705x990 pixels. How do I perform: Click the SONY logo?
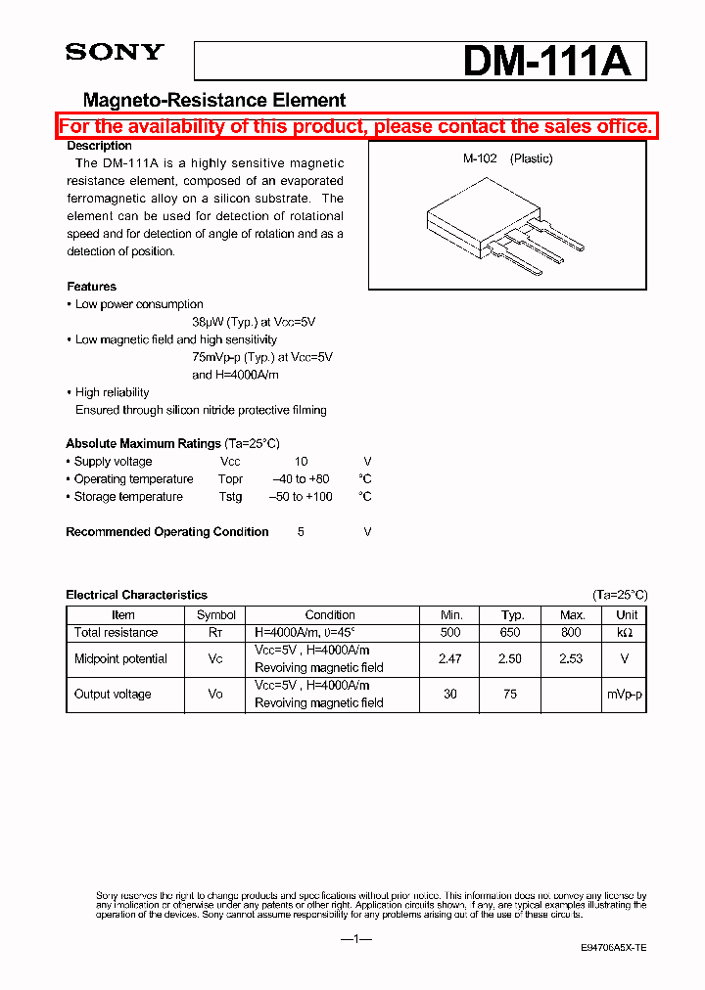tap(115, 53)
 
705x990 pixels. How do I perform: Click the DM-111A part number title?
tap(546, 62)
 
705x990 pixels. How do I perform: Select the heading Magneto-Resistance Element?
tap(214, 100)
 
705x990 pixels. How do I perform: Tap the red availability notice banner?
tap(354, 126)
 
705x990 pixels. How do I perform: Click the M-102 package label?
tap(480, 158)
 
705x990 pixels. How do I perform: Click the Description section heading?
tap(99, 146)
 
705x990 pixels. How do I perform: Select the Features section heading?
tap(91, 287)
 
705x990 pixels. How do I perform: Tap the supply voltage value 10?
tap(301, 462)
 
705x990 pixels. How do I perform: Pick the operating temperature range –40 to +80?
tap(301, 479)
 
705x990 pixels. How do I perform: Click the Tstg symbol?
tap(230, 497)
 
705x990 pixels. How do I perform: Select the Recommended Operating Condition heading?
tap(166, 532)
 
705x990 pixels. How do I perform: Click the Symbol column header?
tap(216, 615)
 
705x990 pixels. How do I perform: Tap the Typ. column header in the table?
tap(513, 615)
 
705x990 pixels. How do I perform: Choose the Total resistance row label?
tap(116, 633)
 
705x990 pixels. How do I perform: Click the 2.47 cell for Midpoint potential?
tap(449, 659)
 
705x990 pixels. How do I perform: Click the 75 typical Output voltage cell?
tap(510, 695)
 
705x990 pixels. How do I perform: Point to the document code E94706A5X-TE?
tap(613, 949)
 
